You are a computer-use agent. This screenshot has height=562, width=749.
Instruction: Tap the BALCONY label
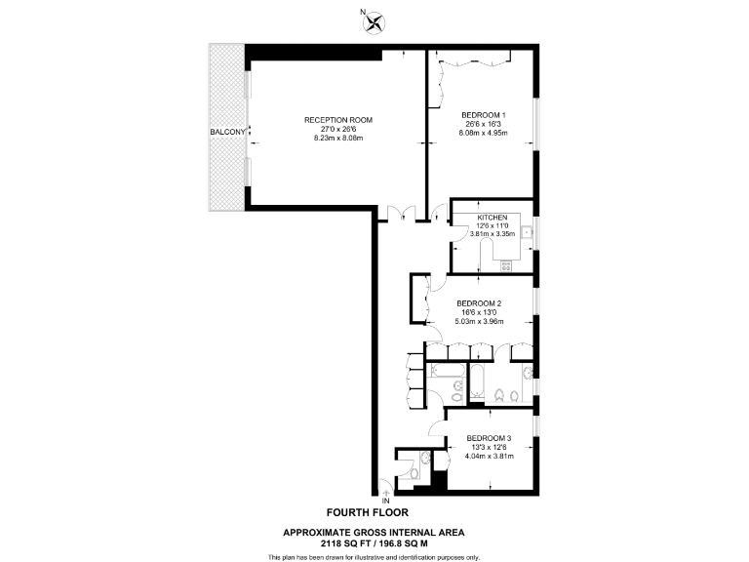pos(227,131)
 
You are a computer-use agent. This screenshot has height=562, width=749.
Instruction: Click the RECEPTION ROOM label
pos(338,120)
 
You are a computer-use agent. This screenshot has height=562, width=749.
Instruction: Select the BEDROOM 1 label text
pos(482,115)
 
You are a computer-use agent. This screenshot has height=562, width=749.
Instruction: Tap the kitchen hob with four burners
pos(506,262)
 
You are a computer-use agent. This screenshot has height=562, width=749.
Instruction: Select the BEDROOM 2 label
pos(479,302)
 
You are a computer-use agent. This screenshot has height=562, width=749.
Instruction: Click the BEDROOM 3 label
pos(489,437)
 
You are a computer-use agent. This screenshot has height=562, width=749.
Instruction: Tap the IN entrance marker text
pos(384,502)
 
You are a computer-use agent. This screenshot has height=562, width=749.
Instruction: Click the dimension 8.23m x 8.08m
pos(338,139)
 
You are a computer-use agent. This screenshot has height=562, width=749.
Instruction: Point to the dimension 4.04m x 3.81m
pos(489,456)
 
